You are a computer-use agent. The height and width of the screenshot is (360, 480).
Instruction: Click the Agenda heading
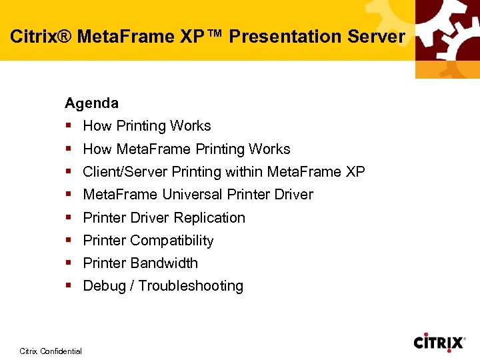(91, 103)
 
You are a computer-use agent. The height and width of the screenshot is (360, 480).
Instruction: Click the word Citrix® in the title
(40, 37)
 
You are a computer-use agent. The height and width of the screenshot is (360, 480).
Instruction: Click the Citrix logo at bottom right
(439, 343)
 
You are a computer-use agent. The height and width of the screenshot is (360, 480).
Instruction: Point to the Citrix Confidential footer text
(51, 351)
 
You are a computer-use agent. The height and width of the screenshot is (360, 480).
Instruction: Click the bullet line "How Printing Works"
(147, 126)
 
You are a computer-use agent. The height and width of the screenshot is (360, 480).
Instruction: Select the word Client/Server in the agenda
(125, 172)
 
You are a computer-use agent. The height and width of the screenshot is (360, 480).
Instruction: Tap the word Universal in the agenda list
(193, 195)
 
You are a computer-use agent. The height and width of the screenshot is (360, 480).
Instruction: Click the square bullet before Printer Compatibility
(69, 241)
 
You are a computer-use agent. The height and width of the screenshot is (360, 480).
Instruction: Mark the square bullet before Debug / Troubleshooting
(69, 286)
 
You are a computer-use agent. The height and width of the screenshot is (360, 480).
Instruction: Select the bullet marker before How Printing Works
(69, 126)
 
